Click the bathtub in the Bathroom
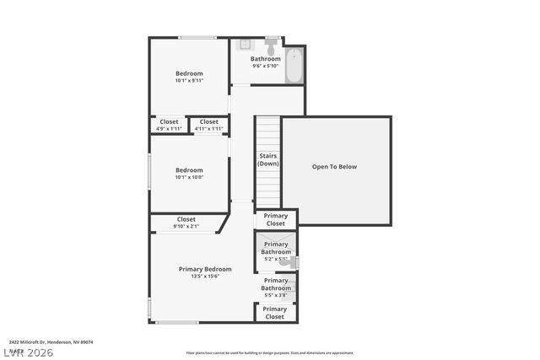pos(294,66)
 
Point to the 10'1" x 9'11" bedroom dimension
pos(189,81)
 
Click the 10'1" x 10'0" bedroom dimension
pos(189,177)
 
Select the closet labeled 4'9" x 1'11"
pos(169,125)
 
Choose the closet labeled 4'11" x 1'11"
pos(209,125)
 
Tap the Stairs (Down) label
pos(268,159)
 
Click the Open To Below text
pos(334,167)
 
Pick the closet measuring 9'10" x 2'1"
pos(186,223)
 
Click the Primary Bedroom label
pos(205,269)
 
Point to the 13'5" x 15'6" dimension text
pos(205,277)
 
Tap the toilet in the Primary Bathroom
pos(287,262)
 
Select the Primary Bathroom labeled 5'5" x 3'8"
pos(275,287)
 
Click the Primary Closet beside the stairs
pos(275,219)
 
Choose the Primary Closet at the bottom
pos(275,313)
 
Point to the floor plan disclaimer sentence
pos(270,353)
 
